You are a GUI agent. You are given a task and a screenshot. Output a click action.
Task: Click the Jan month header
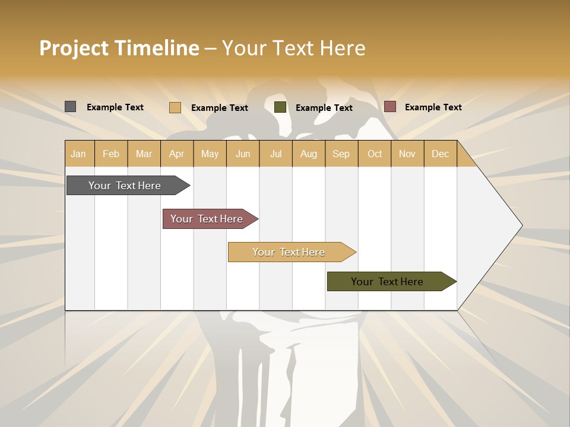[78, 154]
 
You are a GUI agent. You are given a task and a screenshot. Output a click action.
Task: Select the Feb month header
[111, 154]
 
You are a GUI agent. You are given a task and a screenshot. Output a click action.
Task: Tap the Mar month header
[144, 154]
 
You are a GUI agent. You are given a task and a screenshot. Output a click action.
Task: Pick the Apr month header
[176, 154]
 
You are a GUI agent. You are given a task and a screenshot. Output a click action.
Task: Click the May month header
[210, 154]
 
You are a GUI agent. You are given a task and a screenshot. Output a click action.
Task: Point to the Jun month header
[243, 154]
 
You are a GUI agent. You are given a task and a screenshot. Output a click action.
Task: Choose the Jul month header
[275, 154]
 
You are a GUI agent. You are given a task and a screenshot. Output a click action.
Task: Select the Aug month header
[308, 154]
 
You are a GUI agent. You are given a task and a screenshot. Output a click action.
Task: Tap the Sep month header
[341, 154]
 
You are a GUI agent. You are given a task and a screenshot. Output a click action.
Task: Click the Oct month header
[375, 154]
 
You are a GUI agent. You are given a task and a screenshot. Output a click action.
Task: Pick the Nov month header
[407, 154]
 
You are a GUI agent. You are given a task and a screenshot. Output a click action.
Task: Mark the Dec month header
[440, 154]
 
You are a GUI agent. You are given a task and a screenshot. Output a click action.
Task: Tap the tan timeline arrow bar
[289, 252]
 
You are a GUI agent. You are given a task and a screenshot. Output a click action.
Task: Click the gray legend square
[70, 107]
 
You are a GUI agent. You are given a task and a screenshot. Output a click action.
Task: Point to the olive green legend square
[280, 107]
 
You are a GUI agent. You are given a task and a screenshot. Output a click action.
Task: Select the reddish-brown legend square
[389, 107]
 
